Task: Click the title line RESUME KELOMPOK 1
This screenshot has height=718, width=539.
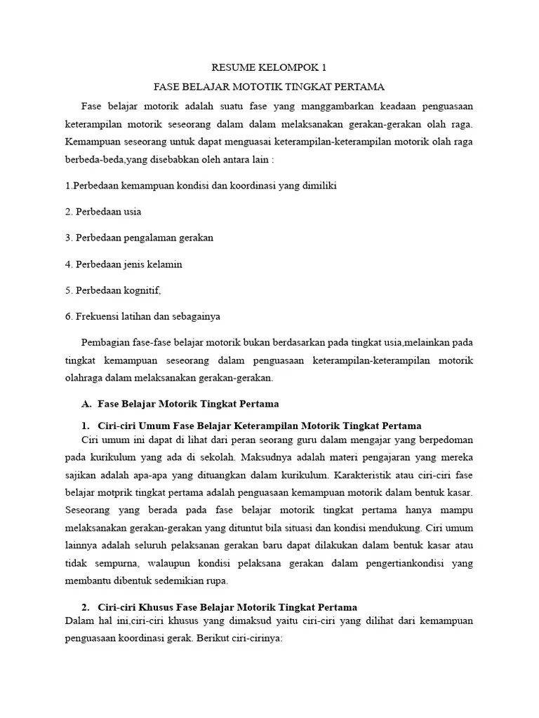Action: pyautogui.click(x=269, y=68)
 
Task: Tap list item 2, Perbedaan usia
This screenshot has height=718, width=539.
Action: pyautogui.click(x=103, y=211)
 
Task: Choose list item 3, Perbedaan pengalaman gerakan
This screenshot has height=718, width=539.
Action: pyautogui.click(x=139, y=238)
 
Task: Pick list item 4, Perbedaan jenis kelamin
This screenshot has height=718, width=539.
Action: pyautogui.click(x=124, y=264)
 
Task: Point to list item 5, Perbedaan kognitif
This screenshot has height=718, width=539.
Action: pyautogui.click(x=118, y=290)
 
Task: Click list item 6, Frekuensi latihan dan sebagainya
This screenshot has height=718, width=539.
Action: pyautogui.click(x=142, y=316)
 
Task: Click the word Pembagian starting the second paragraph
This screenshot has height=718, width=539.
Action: pyautogui.click(x=107, y=343)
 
